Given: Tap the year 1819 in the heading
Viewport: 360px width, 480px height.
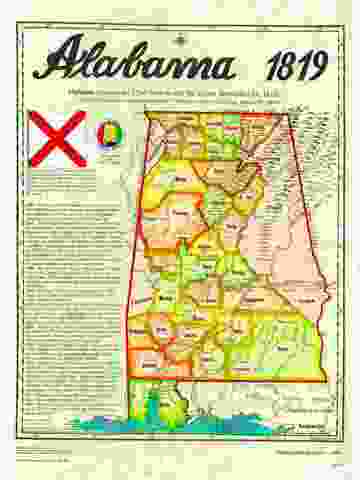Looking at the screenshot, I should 297,67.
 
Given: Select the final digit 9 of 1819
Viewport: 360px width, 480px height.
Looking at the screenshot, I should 319,67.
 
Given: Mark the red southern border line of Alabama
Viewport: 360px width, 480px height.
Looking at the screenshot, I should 250,380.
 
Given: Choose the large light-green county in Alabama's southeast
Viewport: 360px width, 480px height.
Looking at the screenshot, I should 285,345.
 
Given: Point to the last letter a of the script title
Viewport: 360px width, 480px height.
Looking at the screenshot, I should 222,67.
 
